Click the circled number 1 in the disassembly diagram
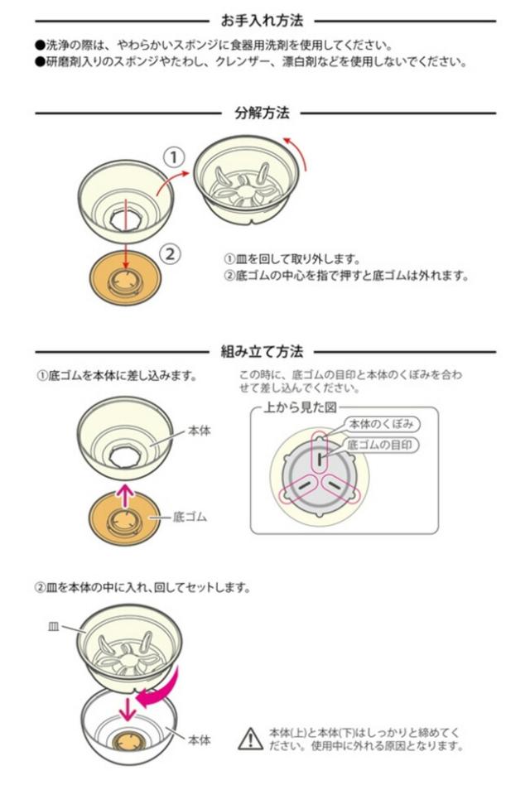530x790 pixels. [x=171, y=157]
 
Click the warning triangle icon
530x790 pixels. [x=249, y=738]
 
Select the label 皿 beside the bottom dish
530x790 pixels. [x=51, y=628]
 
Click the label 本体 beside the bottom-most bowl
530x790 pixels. [x=200, y=739]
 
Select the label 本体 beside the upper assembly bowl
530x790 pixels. [x=200, y=431]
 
